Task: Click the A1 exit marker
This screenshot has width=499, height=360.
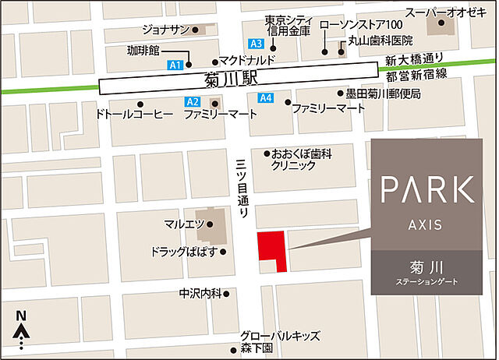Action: point(175,64)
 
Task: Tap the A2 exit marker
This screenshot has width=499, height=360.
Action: point(193,101)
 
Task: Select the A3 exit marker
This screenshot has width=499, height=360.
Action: point(256,43)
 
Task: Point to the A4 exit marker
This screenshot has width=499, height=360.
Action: point(265,97)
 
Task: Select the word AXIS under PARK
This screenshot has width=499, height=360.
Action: point(425,224)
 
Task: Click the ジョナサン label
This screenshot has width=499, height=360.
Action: point(165,30)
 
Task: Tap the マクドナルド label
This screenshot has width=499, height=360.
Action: point(247,60)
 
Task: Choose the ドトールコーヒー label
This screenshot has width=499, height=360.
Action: point(133,115)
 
